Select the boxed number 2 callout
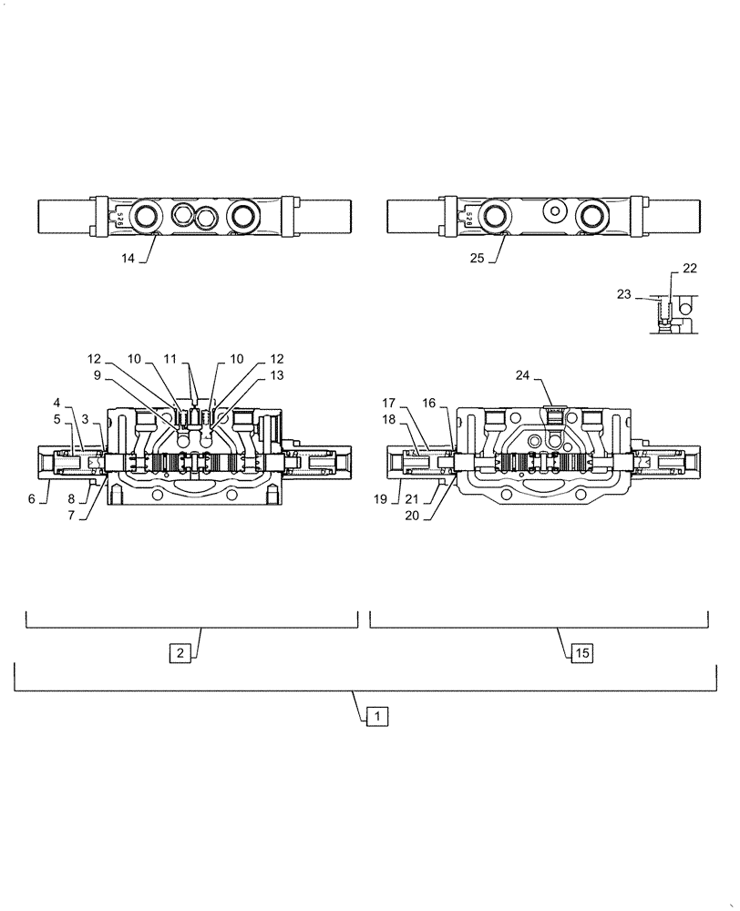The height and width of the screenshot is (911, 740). tap(180, 652)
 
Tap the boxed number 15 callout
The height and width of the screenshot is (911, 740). tap(582, 652)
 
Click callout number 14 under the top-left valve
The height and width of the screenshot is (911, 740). tap(128, 259)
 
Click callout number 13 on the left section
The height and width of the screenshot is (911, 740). tap(277, 374)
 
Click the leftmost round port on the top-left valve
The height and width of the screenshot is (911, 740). tap(146, 216)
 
